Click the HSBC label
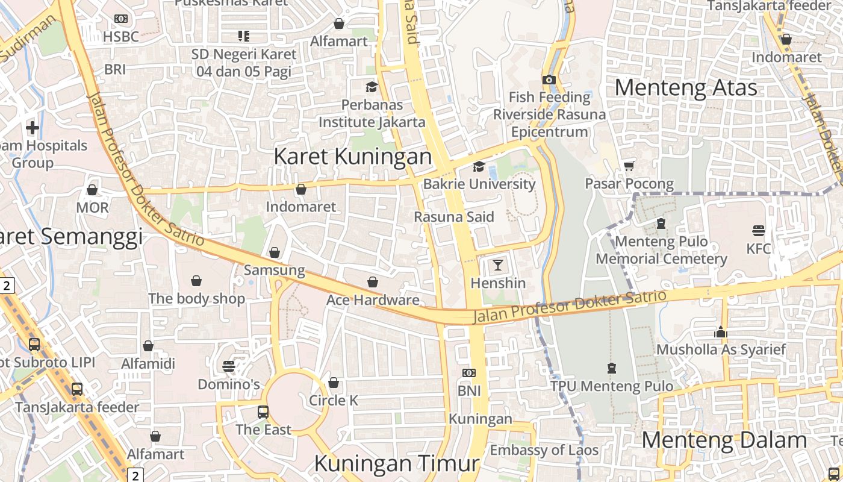click(x=120, y=37)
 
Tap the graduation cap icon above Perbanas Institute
click(x=372, y=87)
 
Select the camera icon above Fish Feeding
click(x=549, y=80)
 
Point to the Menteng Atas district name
click(x=686, y=88)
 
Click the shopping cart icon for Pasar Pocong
click(x=629, y=166)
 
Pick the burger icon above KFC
click(x=758, y=230)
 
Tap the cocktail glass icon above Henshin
click(x=498, y=264)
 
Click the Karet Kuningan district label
click(x=353, y=157)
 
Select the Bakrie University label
click(x=479, y=184)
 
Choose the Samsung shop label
click(x=275, y=270)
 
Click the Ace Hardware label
click(x=373, y=300)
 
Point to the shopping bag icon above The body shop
click(x=196, y=281)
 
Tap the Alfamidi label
click(x=148, y=363)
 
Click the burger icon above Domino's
click(x=229, y=366)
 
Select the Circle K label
click(x=334, y=400)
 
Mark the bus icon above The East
click(x=263, y=412)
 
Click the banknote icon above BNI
click(x=469, y=373)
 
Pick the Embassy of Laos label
click(x=544, y=450)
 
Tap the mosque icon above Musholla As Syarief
click(x=721, y=332)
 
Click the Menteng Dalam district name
click(x=724, y=440)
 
